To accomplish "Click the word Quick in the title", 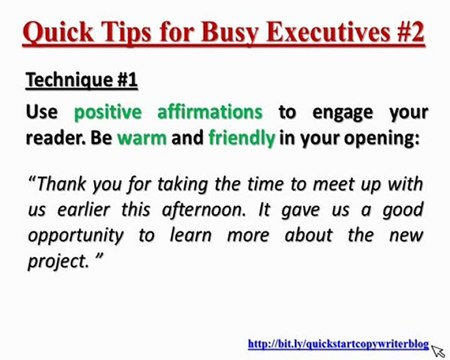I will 59,34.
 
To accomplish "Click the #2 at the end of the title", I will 408,34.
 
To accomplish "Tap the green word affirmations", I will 212,111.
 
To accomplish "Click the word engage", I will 337,111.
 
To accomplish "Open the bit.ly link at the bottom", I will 337,345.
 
